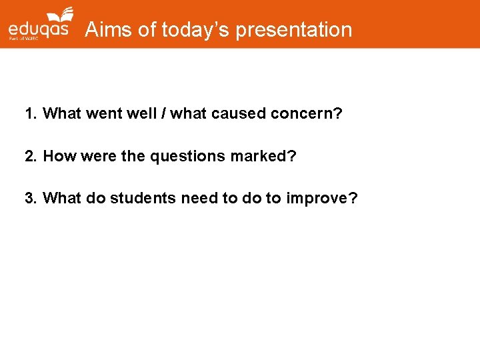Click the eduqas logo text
point(38,31)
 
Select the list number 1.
point(30,114)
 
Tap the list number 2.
point(30,157)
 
